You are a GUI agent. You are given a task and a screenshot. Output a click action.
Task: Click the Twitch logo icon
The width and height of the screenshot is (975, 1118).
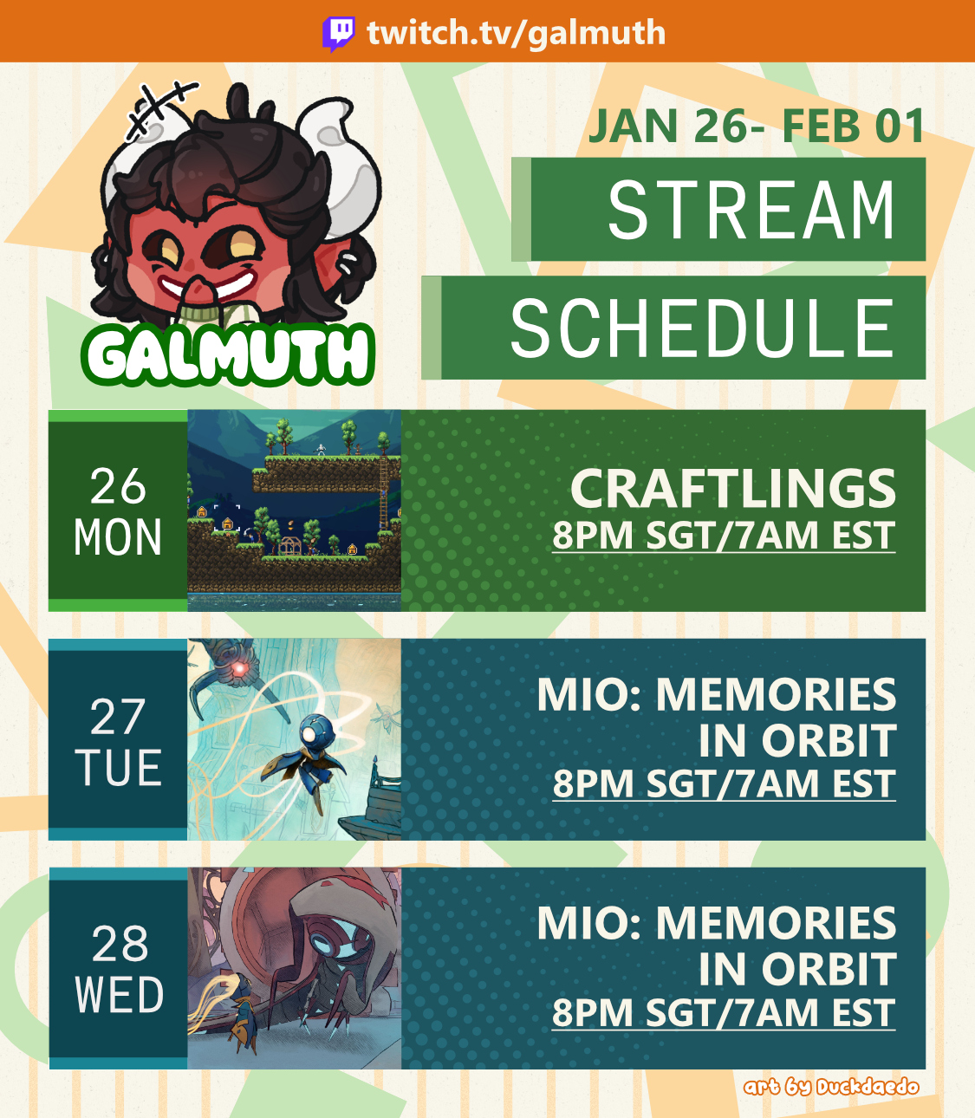pyautogui.click(x=339, y=34)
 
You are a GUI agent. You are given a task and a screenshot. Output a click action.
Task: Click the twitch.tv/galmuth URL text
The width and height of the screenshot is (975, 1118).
pyautogui.click(x=517, y=33)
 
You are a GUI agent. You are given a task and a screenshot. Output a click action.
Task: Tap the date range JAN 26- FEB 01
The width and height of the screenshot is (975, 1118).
pyautogui.click(x=757, y=126)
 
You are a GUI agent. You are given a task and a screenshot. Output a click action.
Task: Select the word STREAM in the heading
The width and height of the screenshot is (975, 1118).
pyautogui.click(x=751, y=211)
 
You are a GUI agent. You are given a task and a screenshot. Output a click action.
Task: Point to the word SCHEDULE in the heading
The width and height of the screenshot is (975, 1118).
pyautogui.click(x=703, y=328)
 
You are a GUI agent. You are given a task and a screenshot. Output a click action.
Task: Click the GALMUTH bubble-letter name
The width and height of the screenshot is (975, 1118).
pyautogui.click(x=228, y=355)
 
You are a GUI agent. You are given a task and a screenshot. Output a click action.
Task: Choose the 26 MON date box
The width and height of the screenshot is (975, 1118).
pyautogui.click(x=118, y=511)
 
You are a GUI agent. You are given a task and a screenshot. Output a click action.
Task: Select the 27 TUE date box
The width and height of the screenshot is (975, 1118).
pyautogui.click(x=118, y=740)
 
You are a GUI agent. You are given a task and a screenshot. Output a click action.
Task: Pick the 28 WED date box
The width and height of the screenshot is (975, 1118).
pyautogui.click(x=118, y=969)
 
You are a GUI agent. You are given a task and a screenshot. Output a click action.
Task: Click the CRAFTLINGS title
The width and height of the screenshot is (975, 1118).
pyautogui.click(x=732, y=489)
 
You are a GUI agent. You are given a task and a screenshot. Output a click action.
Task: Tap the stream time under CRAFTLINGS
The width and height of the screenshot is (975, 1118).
pyautogui.click(x=724, y=536)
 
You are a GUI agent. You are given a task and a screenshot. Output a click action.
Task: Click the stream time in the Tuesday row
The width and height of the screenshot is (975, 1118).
pyautogui.click(x=724, y=783)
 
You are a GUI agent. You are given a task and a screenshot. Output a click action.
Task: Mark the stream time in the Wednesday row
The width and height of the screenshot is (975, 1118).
pyautogui.click(x=724, y=1012)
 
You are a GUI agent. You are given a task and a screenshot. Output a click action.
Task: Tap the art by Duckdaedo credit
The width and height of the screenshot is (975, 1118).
pyautogui.click(x=831, y=1088)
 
